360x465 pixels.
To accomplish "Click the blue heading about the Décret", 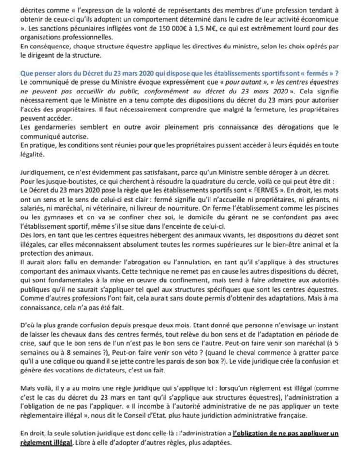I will (x=180, y=73).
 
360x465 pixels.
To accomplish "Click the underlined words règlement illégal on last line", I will (x=46, y=443).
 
